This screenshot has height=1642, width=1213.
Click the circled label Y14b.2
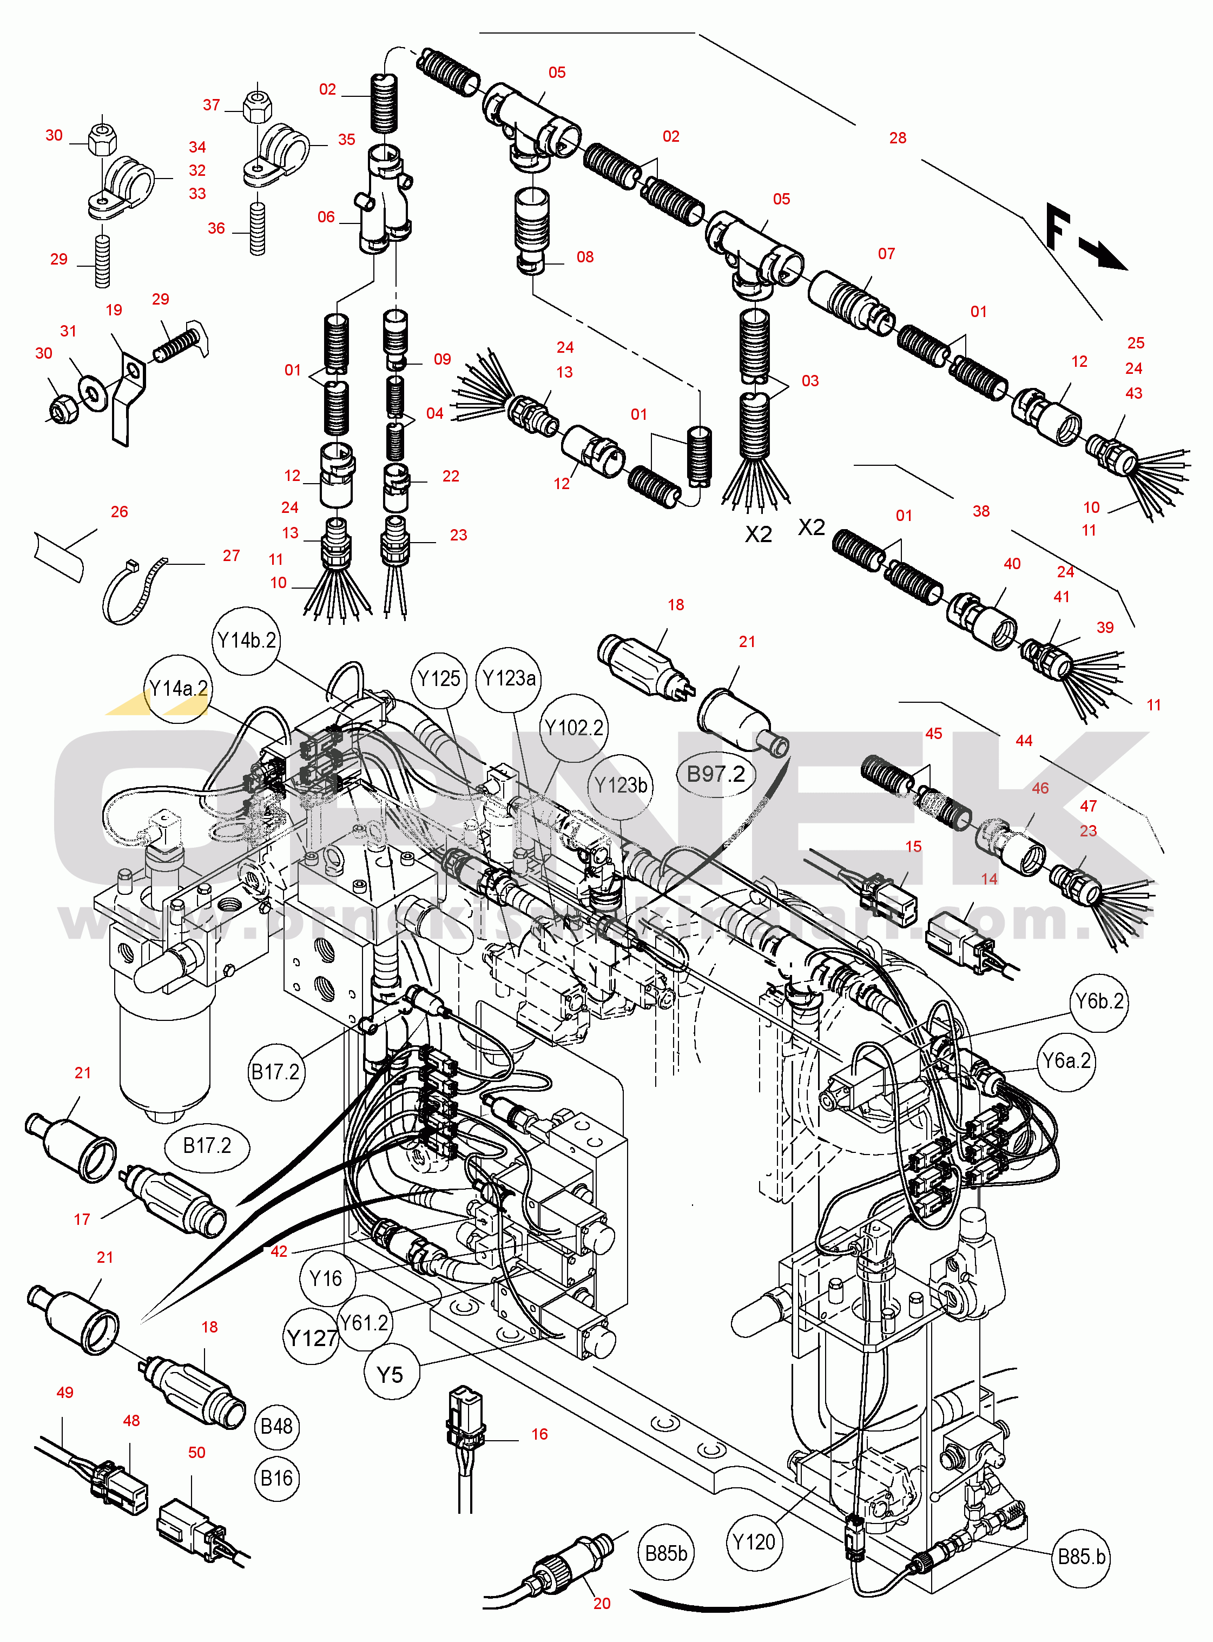pos(247,641)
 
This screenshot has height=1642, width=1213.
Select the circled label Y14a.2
pos(179,689)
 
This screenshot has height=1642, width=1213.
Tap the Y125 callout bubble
pos(439,680)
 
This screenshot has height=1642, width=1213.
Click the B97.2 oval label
pos(715,774)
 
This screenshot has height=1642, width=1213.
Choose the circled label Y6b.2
pos(1099,1001)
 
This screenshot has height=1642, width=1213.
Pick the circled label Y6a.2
pos(1067,1061)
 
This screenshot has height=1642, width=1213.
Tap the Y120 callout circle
pos(754,1542)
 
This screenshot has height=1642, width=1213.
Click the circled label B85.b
pos(1082,1558)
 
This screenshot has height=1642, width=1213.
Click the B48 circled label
pos(277,1426)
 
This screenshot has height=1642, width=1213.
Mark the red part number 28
pos(897,138)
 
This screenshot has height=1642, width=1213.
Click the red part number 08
pos(584,257)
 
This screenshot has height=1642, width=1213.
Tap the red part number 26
pos(119,512)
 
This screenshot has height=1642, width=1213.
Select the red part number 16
pos(540,1434)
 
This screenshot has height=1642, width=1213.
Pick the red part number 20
pos(602,1604)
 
